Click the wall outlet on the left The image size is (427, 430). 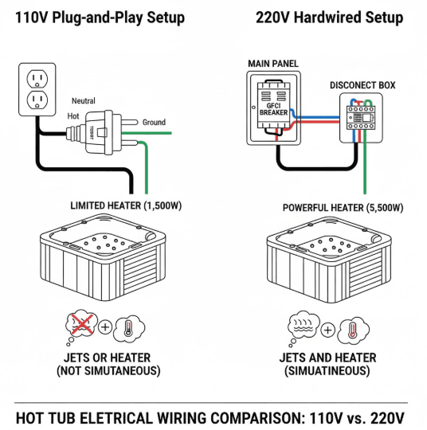point(35,89)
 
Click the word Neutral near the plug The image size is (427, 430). point(83,101)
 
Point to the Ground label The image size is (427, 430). point(154,122)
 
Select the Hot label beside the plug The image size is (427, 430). point(73,116)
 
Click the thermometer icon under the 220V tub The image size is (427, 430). point(351,328)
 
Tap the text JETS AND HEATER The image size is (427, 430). point(327,358)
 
